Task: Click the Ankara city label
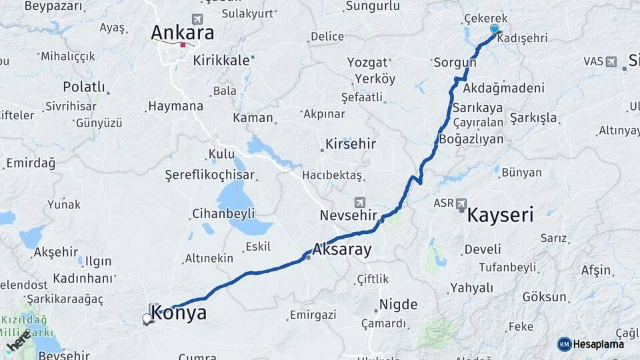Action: (183, 32)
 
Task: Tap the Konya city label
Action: (182, 313)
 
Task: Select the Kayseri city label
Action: (500, 215)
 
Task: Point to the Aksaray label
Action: (342, 251)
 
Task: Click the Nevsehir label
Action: (344, 215)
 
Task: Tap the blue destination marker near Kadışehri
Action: (495, 29)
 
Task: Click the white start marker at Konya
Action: (147, 319)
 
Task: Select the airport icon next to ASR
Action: (462, 203)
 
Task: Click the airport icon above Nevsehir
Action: (360, 202)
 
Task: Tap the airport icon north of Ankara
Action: (197, 19)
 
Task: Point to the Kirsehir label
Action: (351, 144)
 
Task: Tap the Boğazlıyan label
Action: (471, 139)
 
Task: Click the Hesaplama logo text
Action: (598, 344)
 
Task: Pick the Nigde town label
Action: (398, 305)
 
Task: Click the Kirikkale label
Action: (221, 60)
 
